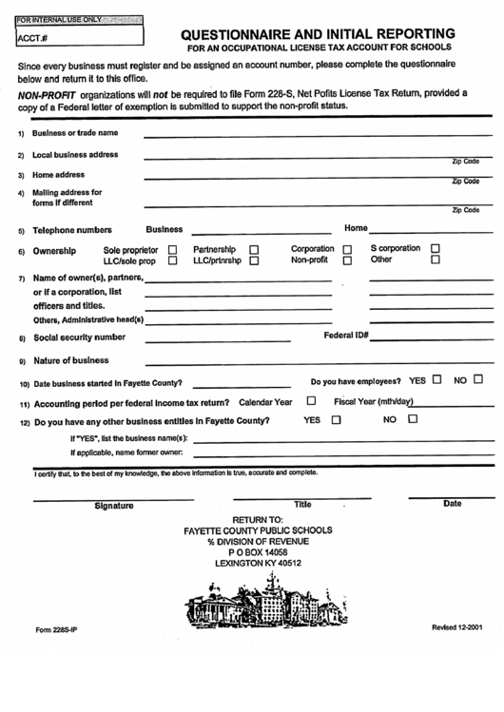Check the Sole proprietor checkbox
pyautogui.click(x=173, y=249)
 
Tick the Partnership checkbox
pyautogui.click(x=254, y=249)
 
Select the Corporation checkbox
pyautogui.click(x=348, y=249)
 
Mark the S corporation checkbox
pyautogui.click(x=436, y=249)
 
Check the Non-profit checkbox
pyautogui.click(x=348, y=260)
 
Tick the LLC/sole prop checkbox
pyautogui.click(x=173, y=260)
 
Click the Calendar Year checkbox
pyautogui.click(x=311, y=401)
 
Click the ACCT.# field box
pyautogui.click(x=81, y=38)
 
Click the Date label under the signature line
pyautogui.click(x=452, y=504)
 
